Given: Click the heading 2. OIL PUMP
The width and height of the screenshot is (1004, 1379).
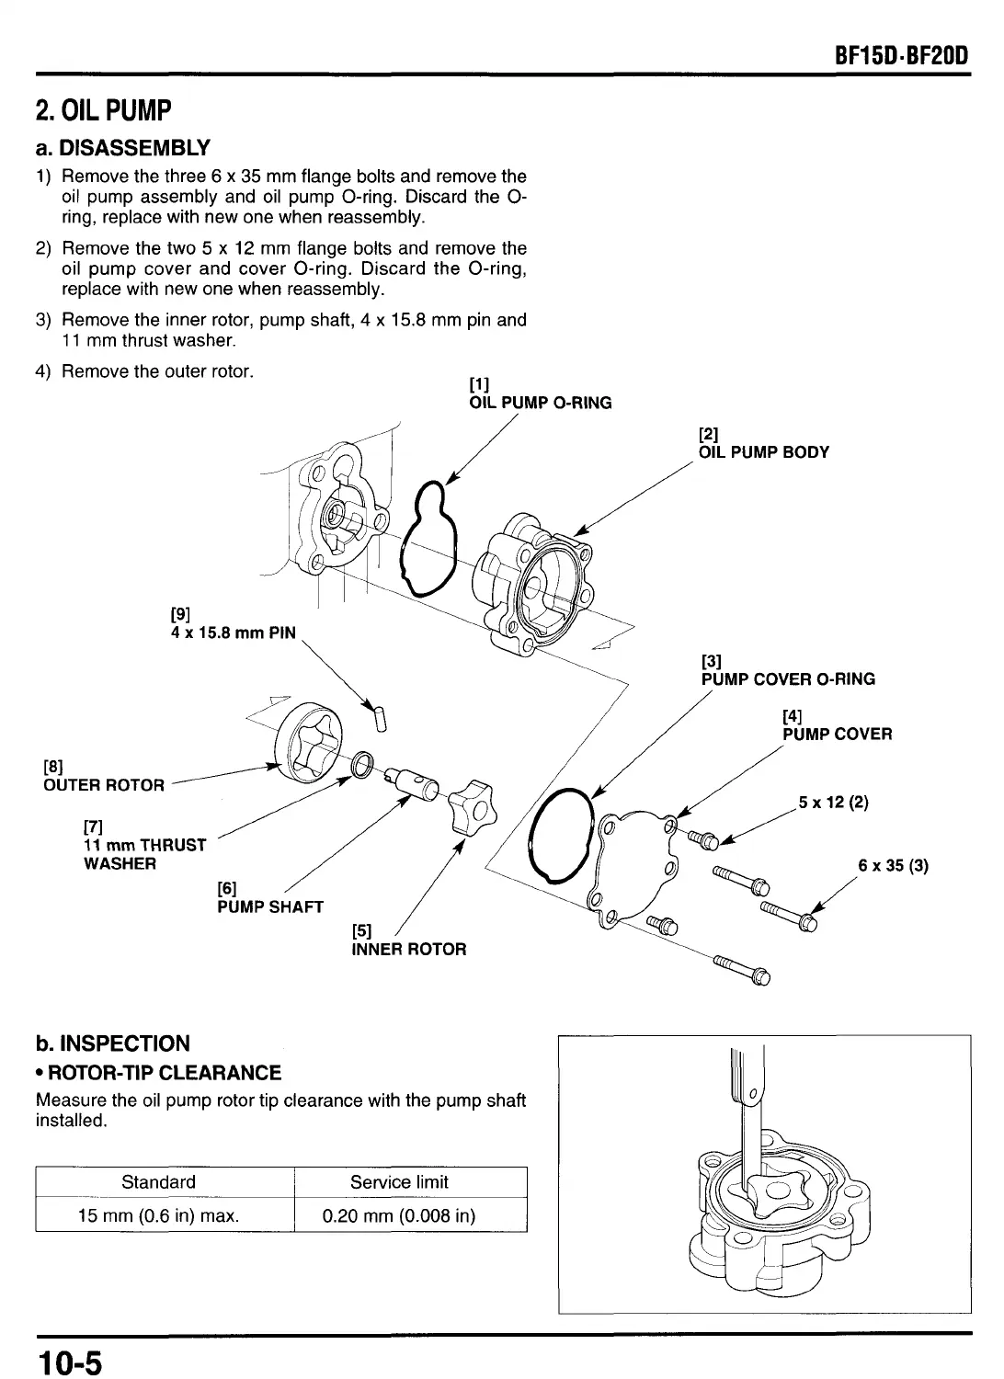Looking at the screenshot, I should click(x=103, y=111).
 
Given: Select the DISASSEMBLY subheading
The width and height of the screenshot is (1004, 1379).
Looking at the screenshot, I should click(x=122, y=147).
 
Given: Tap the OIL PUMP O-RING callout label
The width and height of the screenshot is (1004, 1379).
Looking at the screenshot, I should click(x=540, y=403).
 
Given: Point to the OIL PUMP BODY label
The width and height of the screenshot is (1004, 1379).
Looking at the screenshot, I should click(x=763, y=451).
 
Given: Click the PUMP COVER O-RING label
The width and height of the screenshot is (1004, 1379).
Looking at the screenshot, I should click(x=788, y=679).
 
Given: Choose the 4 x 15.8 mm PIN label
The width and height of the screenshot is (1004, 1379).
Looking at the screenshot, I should click(x=234, y=633).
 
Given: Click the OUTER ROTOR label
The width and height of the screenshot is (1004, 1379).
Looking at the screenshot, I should click(x=104, y=785).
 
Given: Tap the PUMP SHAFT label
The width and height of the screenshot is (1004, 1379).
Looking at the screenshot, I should click(x=270, y=906).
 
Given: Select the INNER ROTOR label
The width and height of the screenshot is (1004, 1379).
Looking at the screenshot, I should click(x=409, y=949).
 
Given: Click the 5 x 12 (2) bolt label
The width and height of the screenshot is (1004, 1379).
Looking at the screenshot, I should click(x=833, y=802).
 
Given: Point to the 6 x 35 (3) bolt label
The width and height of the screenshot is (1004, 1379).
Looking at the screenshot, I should click(x=893, y=865).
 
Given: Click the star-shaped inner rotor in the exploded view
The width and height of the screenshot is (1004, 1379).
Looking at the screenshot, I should click(x=471, y=800).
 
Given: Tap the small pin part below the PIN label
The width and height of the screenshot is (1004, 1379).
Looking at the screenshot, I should click(x=376, y=714).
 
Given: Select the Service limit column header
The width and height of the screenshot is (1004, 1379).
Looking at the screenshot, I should click(x=399, y=1182).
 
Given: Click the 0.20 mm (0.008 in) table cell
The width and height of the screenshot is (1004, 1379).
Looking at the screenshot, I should click(x=399, y=1215).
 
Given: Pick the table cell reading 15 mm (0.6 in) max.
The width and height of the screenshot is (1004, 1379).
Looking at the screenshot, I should click(x=159, y=1215).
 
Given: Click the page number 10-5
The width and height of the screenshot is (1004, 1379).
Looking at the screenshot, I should click(x=69, y=1359).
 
